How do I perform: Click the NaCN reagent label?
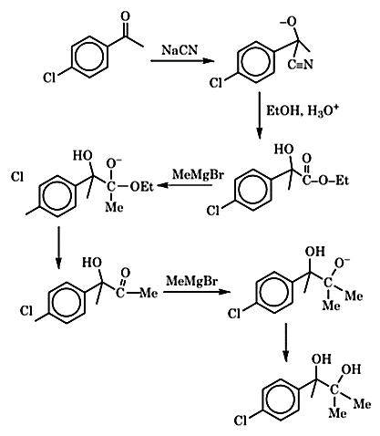click(180, 49)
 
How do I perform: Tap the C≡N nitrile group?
click(300, 65)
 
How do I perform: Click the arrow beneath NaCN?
click(182, 61)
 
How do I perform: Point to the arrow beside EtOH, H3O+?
click(259, 116)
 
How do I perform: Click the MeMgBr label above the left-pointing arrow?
click(198, 174)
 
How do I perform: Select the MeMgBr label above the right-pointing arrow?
click(192, 281)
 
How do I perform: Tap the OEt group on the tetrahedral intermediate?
click(141, 186)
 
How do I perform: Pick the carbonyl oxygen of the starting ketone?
click(125, 16)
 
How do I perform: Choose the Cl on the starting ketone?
click(49, 78)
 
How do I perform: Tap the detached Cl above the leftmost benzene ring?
click(17, 177)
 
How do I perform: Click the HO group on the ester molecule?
click(284, 150)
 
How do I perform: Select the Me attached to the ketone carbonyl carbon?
click(149, 293)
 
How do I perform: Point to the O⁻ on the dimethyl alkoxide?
click(342, 263)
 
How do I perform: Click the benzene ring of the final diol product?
click(280, 399)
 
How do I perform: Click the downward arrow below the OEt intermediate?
click(58, 247)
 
